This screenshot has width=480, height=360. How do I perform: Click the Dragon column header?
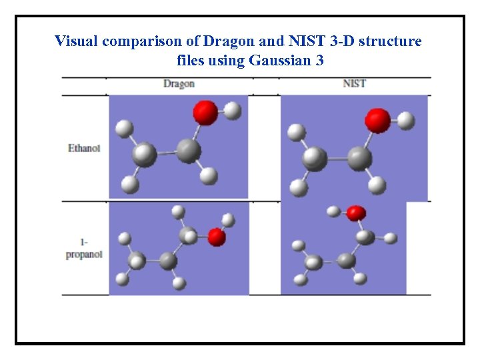pyautogui.click(x=179, y=83)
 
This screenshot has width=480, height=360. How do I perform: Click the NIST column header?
pyautogui.click(x=354, y=83)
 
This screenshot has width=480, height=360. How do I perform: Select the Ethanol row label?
pyautogui.click(x=84, y=148)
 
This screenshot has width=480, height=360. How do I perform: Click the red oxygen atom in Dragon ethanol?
pyautogui.click(x=205, y=112)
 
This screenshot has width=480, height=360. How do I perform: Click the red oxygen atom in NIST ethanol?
pyautogui.click(x=377, y=121)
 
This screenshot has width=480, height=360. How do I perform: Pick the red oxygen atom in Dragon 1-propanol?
pyautogui.click(x=216, y=237)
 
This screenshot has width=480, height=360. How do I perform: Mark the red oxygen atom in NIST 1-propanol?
pyautogui.click(x=356, y=213)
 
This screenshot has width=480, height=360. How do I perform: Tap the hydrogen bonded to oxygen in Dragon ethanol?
pyautogui.click(x=232, y=111)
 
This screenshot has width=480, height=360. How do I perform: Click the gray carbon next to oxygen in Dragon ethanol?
pyautogui.click(x=189, y=151)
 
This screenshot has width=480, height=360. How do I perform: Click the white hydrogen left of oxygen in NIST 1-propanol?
pyautogui.click(x=333, y=211)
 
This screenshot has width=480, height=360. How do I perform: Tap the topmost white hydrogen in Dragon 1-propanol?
pyautogui.click(x=178, y=211)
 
